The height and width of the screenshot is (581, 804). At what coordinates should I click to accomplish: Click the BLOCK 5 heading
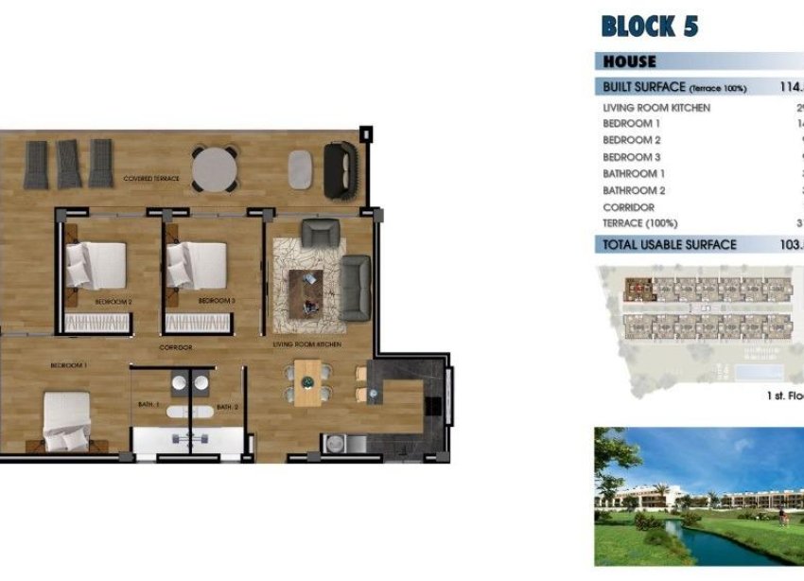click(x=649, y=26)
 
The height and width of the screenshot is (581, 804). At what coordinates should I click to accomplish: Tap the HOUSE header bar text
click(x=629, y=62)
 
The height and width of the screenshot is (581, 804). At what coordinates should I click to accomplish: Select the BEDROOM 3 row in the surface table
click(x=632, y=157)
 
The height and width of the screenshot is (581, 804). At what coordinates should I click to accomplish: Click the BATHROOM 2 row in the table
click(x=634, y=190)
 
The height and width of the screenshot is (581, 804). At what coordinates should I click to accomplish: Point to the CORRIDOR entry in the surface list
click(x=628, y=207)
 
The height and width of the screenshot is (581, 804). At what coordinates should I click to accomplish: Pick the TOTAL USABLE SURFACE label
click(x=669, y=244)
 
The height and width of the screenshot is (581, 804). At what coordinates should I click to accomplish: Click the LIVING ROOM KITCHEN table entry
click(x=655, y=108)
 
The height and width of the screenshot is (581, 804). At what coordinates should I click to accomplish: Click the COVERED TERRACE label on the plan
click(x=149, y=178)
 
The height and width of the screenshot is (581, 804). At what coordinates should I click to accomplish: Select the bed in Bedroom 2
click(x=96, y=264)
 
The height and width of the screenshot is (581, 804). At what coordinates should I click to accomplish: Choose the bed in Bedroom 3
click(x=197, y=264)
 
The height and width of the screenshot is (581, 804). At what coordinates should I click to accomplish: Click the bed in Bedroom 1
click(x=67, y=421)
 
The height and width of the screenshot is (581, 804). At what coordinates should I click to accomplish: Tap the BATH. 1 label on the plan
click(x=149, y=406)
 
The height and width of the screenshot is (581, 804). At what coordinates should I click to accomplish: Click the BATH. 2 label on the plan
click(x=227, y=407)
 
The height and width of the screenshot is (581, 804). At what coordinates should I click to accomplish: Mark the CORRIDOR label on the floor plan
click(x=176, y=347)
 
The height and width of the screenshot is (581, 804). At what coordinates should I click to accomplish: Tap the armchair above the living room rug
click(x=320, y=233)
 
